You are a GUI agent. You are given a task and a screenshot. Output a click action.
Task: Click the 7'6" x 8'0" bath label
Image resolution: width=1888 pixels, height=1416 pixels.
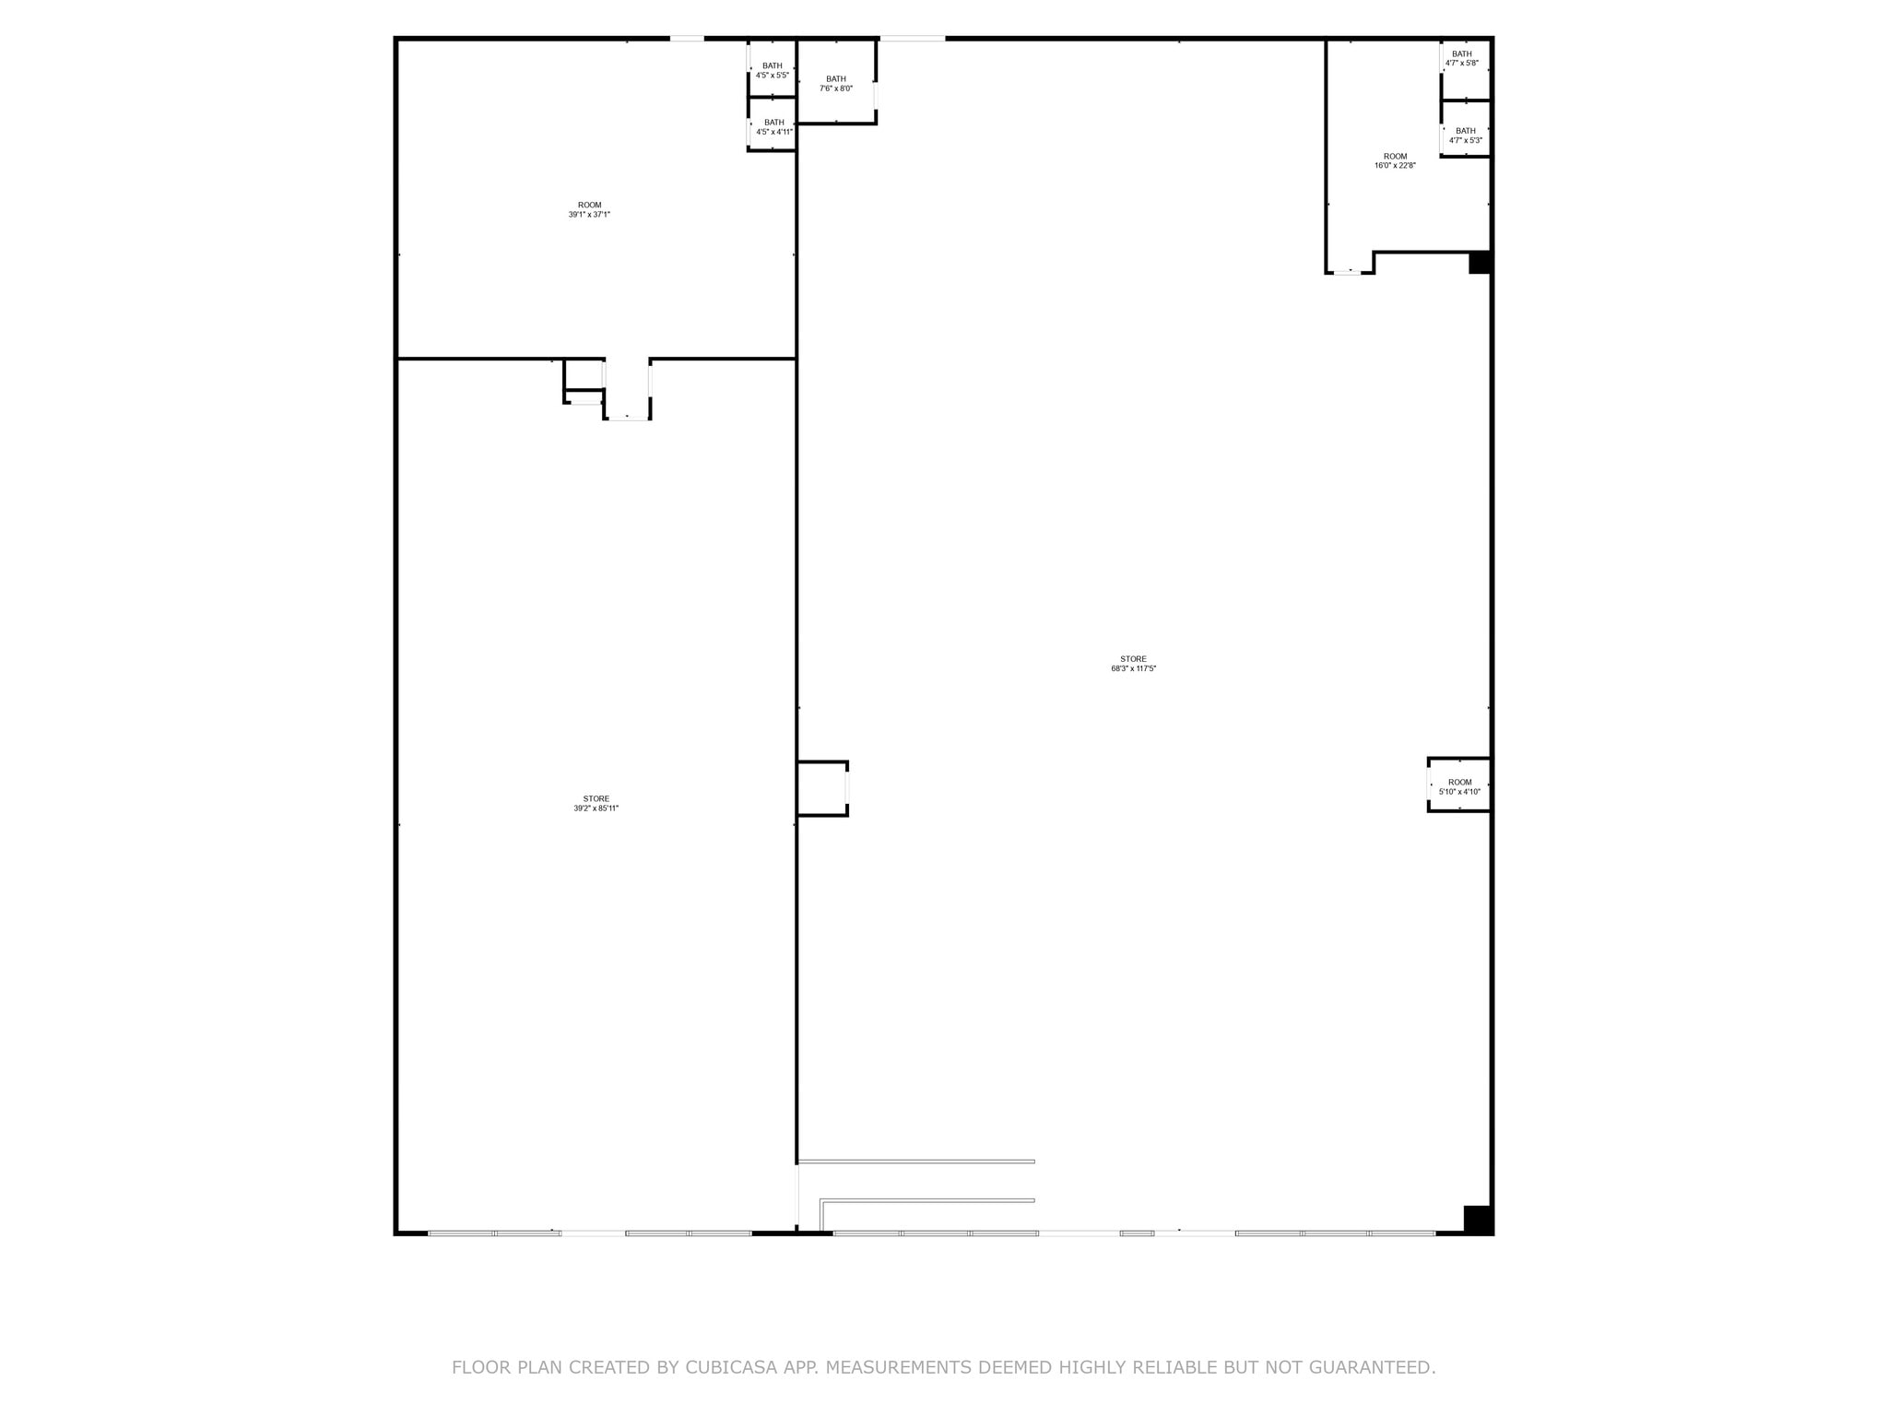836,84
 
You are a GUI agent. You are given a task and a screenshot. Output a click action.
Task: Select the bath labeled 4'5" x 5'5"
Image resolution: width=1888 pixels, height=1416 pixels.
772,70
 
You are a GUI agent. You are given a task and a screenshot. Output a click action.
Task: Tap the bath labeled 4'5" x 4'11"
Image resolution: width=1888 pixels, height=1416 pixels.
773,127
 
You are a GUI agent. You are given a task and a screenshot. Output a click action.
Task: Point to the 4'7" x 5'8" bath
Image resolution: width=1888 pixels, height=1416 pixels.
1461,58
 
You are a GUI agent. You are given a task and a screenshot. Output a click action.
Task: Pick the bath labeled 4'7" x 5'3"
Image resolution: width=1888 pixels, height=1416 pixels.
1465,136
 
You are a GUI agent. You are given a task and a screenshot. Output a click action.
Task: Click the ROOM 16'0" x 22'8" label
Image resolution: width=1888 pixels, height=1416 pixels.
1395,160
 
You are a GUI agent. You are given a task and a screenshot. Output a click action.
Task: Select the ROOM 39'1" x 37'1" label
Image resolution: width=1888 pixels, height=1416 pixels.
589,209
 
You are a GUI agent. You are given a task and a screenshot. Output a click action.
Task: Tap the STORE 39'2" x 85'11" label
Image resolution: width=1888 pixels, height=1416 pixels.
596,803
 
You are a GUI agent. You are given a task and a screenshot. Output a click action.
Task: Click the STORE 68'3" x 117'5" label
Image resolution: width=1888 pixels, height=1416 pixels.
1133,664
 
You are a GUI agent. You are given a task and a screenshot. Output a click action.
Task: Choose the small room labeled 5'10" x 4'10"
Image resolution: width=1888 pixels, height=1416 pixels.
1459,786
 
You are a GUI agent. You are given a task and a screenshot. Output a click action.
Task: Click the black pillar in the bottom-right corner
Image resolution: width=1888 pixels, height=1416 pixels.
1477,1219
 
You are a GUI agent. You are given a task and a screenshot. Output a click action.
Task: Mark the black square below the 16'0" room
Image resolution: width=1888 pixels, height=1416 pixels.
1479,263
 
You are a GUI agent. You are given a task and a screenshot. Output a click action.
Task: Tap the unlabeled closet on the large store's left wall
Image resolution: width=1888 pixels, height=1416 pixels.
821,788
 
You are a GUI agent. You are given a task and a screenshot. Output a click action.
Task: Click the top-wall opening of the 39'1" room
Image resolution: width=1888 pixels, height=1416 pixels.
687,39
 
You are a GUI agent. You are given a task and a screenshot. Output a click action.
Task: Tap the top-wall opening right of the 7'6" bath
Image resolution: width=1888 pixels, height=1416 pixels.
912,39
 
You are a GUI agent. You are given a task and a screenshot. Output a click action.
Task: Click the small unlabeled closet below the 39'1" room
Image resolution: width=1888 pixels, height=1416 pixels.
584,375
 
